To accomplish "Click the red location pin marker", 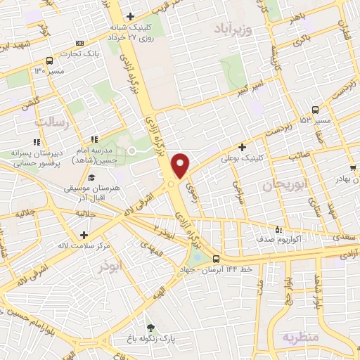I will (x=181, y=165).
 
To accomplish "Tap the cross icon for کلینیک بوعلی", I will (x=243, y=147).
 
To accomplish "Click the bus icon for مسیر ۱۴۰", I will (x=49, y=60).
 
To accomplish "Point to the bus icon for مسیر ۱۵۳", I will (x=314, y=110).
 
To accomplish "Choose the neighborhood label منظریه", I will (x=301, y=337).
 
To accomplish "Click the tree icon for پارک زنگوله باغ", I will (x=150, y=328).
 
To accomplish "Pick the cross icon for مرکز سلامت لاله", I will (x=84, y=235).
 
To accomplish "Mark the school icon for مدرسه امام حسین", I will (x=94, y=139).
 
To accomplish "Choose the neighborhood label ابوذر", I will (x=110, y=267).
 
